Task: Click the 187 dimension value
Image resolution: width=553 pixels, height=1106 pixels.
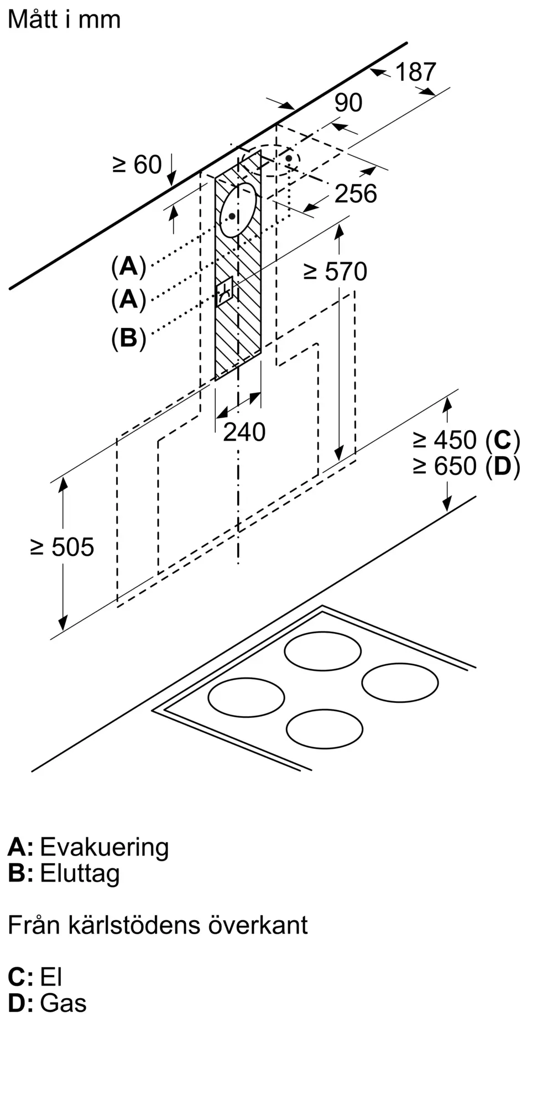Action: [416, 72]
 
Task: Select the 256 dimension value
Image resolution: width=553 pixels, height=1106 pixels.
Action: [356, 194]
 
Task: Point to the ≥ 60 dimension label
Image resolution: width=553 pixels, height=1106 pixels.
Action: [137, 164]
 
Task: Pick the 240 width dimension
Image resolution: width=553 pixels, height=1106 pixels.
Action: [244, 432]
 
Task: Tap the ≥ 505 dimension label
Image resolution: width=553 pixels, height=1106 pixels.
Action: [62, 547]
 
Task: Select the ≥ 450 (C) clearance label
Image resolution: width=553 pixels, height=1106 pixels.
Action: [467, 440]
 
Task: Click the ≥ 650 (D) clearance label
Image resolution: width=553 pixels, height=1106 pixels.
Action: [467, 466]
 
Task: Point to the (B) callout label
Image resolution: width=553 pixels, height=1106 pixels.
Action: [128, 337]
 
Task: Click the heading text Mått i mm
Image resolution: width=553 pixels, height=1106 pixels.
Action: [64, 19]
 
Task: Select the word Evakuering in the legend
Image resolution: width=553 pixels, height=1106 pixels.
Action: [105, 847]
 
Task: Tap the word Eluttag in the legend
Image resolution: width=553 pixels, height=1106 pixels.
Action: [80, 873]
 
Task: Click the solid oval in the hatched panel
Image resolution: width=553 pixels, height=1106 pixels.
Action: [238, 210]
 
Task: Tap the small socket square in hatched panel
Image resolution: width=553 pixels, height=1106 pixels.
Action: [226, 291]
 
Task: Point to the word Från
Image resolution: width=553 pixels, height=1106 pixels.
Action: [34, 925]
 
